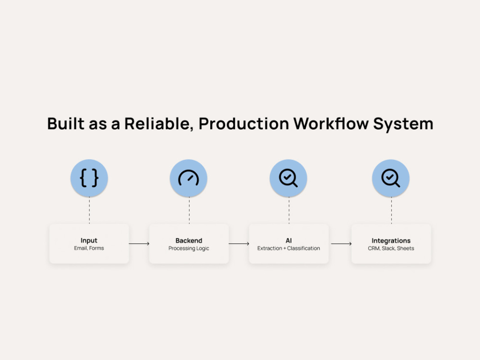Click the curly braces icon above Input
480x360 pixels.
pos(89,178)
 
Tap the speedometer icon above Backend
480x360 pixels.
pos(189,178)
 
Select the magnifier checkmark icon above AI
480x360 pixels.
pos(288,178)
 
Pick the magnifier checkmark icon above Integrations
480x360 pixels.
pos(391,178)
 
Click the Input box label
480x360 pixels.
pos(89,240)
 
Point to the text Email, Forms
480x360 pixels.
pos(89,248)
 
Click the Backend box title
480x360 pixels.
pos(189,240)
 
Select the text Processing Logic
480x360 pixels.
pos(189,248)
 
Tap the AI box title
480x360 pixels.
pos(288,240)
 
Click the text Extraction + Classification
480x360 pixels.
pos(288,248)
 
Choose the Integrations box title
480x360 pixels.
pos(391,240)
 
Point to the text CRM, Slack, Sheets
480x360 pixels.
pos(391,248)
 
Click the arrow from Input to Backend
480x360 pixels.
pos(139,244)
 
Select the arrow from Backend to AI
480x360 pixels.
pos(239,244)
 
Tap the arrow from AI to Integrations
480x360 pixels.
pos(341,244)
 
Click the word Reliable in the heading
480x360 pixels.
pos(159,124)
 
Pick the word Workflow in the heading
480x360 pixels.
pos(331,124)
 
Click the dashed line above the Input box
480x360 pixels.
pos(89,210)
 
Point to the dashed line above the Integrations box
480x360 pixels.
pos(391,210)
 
